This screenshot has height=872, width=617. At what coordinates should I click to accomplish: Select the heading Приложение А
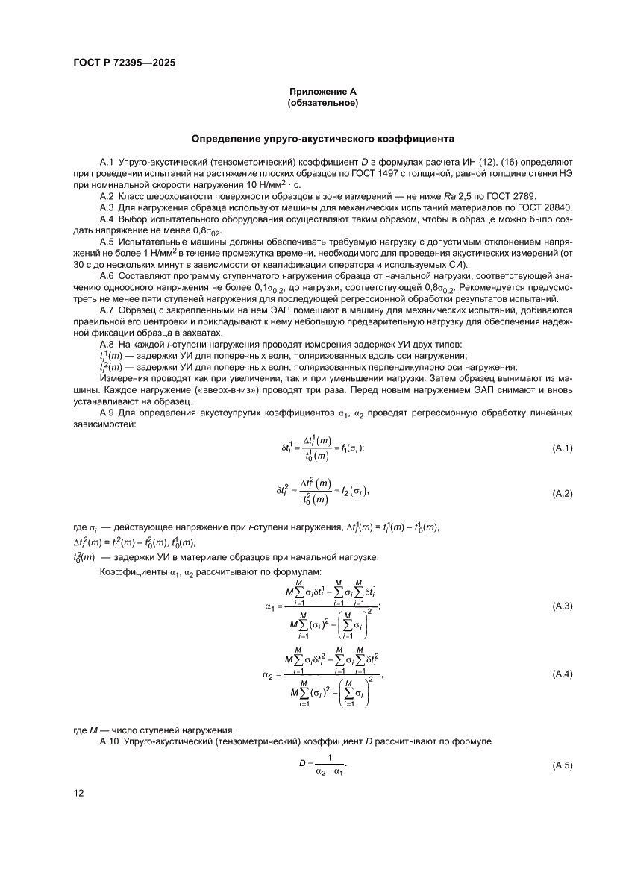tap(323, 91)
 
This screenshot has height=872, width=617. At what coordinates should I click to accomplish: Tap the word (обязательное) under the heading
tap(323, 103)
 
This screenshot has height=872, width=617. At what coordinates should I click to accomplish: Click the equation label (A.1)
tap(562, 448)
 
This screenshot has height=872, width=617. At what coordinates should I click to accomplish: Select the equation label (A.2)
tap(562, 494)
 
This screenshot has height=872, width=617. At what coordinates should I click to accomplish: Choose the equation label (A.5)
tap(562, 765)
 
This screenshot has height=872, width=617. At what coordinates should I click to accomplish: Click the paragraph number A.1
tap(106, 162)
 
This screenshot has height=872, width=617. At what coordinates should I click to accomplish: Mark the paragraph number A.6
tap(106, 277)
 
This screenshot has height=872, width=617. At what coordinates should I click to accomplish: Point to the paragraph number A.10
tap(108, 743)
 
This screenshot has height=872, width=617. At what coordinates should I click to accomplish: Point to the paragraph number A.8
tap(106, 344)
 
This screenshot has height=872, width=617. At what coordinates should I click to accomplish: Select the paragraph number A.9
tap(106, 413)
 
